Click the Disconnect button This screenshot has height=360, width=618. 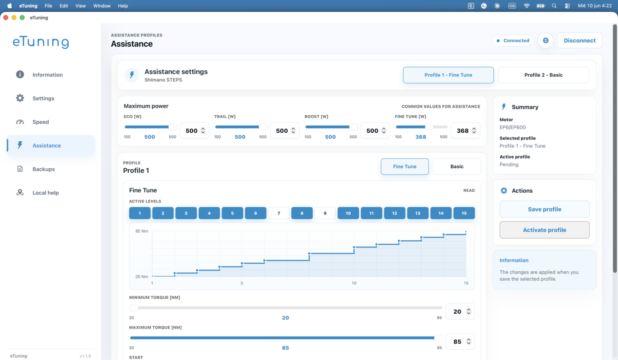(579, 40)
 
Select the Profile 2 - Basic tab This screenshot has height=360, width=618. (543, 75)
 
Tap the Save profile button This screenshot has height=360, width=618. (544, 209)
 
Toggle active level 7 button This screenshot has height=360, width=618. (279, 213)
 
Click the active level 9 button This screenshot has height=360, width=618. (325, 213)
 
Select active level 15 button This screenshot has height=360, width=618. (464, 213)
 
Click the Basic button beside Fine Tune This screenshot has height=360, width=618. (457, 166)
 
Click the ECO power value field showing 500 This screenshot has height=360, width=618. (194, 131)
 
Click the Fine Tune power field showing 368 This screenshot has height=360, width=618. (465, 131)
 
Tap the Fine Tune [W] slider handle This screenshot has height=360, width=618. (429, 127)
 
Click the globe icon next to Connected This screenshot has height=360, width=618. (546, 40)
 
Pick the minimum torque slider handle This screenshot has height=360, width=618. (134, 308)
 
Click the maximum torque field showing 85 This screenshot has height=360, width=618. (460, 342)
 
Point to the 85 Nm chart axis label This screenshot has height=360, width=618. (141, 231)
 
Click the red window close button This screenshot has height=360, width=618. (6, 18)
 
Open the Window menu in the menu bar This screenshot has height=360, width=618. (102, 6)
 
